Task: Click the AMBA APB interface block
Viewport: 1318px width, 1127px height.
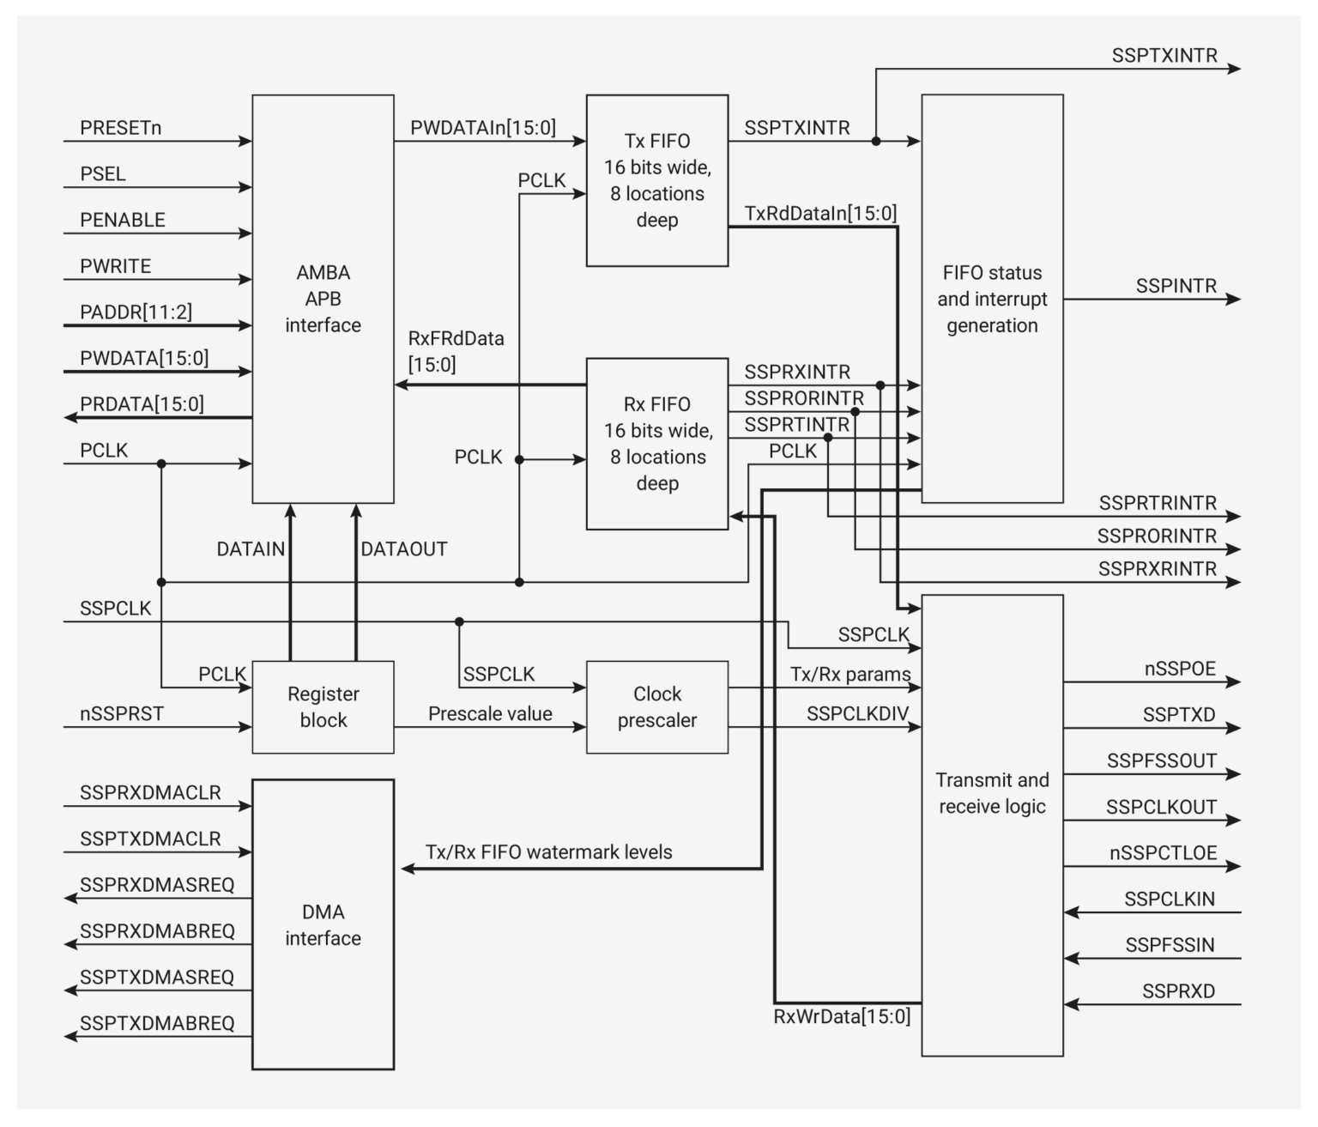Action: [x=323, y=298]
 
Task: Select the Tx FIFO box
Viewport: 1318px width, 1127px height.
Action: [x=656, y=180]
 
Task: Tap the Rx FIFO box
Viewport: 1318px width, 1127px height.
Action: [x=656, y=443]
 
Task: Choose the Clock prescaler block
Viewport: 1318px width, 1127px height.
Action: [x=656, y=706]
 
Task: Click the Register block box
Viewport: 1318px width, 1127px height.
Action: [x=323, y=706]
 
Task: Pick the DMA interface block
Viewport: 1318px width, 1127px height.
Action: [x=323, y=924]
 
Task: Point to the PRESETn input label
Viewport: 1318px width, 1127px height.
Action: [x=120, y=128]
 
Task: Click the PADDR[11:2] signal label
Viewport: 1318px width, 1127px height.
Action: [x=136, y=312]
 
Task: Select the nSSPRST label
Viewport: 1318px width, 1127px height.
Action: [x=121, y=713]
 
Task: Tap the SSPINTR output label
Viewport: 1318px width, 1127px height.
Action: [x=1176, y=286]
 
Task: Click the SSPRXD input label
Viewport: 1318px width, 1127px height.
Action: [x=1178, y=991]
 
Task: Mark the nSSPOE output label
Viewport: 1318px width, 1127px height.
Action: [x=1180, y=669]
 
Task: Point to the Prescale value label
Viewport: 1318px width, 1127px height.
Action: [x=490, y=713]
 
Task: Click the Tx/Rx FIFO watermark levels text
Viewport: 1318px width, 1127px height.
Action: [x=548, y=851]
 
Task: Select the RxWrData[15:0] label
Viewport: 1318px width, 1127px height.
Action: [x=842, y=1016]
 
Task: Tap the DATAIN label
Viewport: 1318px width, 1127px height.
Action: [x=251, y=548]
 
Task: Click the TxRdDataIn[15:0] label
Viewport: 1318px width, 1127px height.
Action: [x=820, y=213]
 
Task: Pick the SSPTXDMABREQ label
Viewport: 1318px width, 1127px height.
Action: [x=157, y=1023]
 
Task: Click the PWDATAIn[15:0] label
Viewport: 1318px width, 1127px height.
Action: [x=483, y=128]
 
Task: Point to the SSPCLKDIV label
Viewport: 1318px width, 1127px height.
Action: [x=857, y=713]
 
